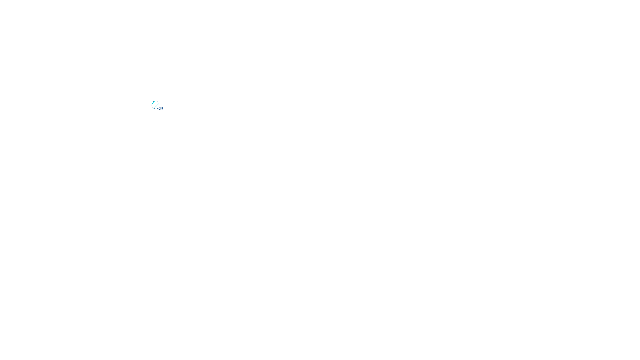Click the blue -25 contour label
160,109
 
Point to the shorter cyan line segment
154,103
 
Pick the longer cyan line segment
156,106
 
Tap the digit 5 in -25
162,109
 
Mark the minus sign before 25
157,109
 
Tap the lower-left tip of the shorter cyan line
152,104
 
